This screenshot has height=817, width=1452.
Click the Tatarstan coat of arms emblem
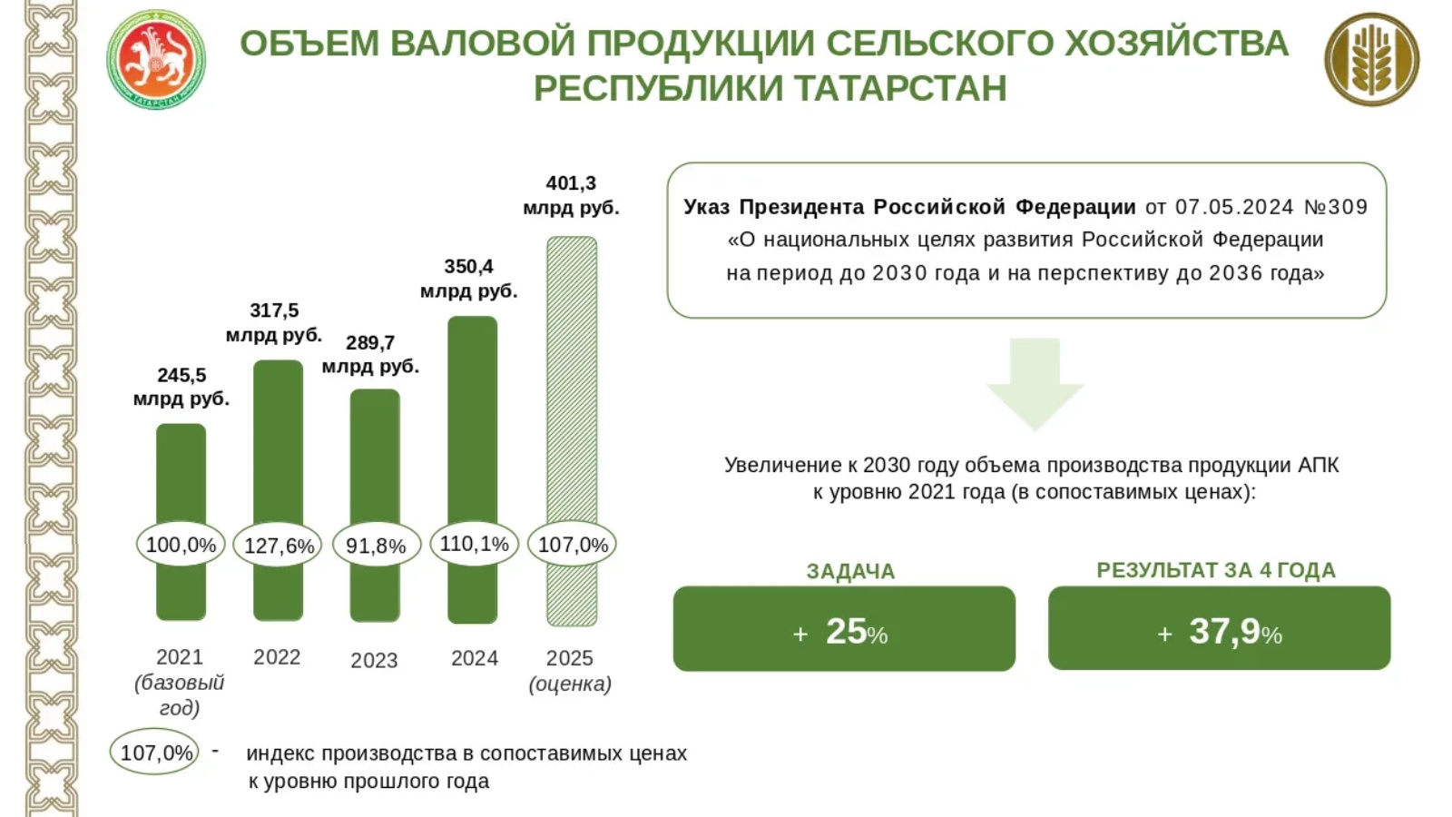click(x=156, y=60)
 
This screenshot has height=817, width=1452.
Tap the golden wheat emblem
click(x=1371, y=60)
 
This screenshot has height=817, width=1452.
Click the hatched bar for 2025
click(x=572, y=381)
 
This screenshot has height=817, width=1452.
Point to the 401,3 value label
click(x=571, y=183)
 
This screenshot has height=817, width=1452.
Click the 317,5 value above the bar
click(x=274, y=310)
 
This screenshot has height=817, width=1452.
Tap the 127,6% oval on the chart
click(x=279, y=546)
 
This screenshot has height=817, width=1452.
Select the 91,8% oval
click(x=376, y=546)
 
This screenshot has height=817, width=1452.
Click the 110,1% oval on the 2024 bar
click(x=474, y=544)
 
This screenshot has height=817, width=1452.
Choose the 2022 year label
click(x=277, y=657)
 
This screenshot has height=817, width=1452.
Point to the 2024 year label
click(x=475, y=658)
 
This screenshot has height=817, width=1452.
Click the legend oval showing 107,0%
click(x=155, y=753)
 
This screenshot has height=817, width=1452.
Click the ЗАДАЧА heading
click(x=850, y=571)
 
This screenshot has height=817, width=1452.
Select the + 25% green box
click(x=844, y=629)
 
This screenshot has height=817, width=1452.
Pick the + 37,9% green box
click(x=1219, y=629)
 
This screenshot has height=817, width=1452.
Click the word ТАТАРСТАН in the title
click(x=900, y=89)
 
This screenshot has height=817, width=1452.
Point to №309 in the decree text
click(x=1335, y=207)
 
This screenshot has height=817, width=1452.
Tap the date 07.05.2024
click(x=1233, y=207)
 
